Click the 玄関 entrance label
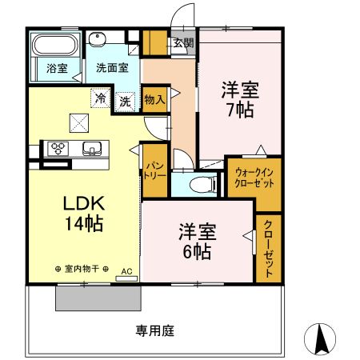click(x=182, y=43)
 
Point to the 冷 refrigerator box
click(x=100, y=98)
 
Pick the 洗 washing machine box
click(x=126, y=101)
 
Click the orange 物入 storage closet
click(x=155, y=99)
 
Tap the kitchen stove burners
click(x=59, y=148)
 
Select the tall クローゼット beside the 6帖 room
click(x=268, y=248)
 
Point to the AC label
click(x=126, y=272)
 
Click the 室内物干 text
click(x=82, y=270)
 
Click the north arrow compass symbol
click(x=324, y=339)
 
